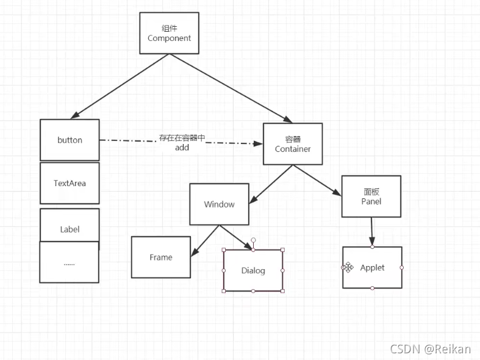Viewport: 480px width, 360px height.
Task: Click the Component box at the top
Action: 169,34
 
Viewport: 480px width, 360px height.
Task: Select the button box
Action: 70,140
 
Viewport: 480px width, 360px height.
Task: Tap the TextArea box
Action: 70,183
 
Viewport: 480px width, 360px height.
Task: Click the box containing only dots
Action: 69,262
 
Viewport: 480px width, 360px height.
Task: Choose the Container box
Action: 293,144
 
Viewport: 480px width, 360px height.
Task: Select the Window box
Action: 220,204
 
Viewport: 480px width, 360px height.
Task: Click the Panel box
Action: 371,196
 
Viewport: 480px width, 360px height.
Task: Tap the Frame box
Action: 161,257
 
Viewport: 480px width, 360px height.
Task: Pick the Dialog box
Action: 253,270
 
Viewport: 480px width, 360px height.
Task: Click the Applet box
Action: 372,267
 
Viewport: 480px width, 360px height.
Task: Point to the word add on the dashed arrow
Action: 182,148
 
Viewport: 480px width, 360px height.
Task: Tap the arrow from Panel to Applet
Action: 371,232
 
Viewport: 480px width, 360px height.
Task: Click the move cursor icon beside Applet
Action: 348,267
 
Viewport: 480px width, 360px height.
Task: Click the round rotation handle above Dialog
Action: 253,240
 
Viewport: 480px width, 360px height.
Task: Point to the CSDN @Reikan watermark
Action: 430,349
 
